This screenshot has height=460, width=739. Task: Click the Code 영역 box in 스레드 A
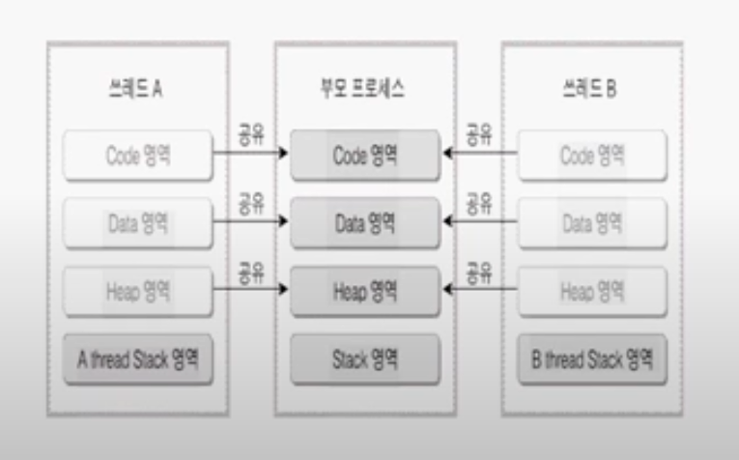point(138,156)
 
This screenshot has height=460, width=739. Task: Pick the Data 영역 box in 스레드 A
point(138,223)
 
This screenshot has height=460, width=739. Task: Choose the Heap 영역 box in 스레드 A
point(138,291)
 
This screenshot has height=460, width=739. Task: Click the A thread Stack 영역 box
point(138,359)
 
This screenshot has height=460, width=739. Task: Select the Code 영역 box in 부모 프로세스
point(366,156)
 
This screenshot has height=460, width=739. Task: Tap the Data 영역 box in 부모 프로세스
point(366,223)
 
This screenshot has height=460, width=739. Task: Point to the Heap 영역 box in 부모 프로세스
point(366,291)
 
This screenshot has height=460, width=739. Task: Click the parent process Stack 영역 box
point(366,359)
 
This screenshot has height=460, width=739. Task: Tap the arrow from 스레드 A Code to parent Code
point(250,153)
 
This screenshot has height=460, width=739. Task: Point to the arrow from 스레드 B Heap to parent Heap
point(480,289)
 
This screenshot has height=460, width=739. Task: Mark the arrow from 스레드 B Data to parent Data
point(480,220)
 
